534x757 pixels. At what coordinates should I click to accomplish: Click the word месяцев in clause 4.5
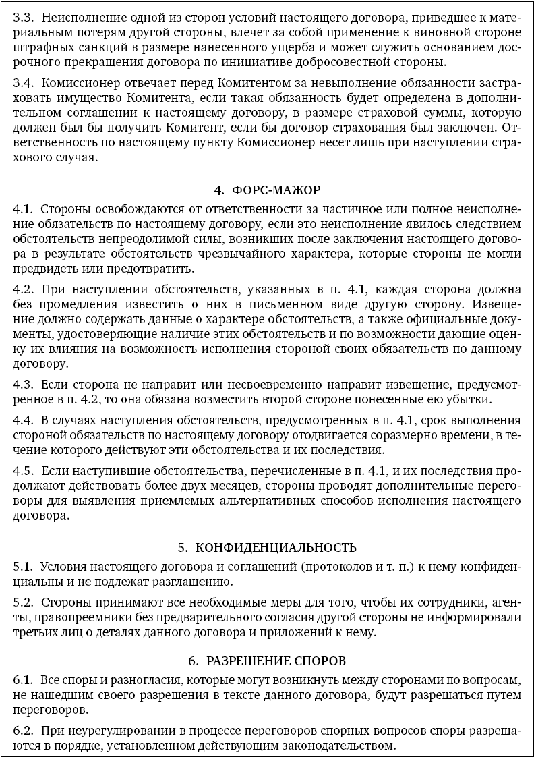click(235, 485)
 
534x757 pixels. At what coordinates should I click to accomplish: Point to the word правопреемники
click(57, 617)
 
